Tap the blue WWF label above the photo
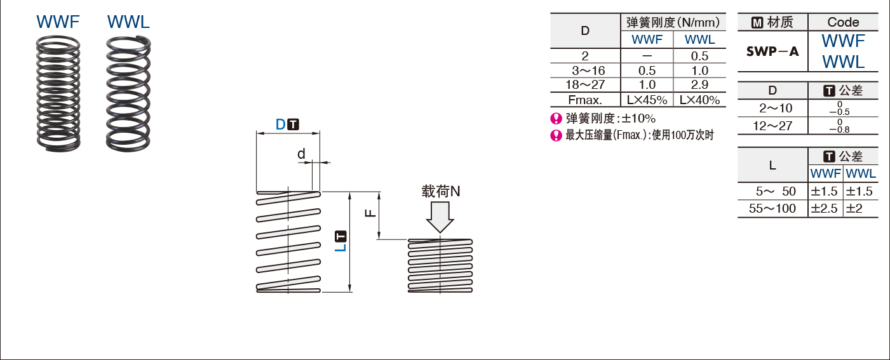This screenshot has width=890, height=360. (58, 22)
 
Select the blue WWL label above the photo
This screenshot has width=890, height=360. (129, 22)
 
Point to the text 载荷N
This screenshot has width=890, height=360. (440, 190)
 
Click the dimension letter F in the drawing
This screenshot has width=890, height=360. (370, 214)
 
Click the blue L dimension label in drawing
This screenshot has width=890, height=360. (341, 244)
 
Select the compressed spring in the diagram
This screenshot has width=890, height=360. (440, 265)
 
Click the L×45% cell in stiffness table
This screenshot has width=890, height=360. (647, 100)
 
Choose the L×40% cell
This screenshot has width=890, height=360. (699, 100)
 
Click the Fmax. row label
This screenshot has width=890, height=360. (585, 100)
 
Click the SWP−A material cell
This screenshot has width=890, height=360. (772, 51)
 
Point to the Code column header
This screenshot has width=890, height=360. (843, 22)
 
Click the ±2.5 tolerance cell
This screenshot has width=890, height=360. (825, 208)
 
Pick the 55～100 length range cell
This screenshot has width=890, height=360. (772, 208)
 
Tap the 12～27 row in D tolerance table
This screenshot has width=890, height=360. (772, 126)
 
